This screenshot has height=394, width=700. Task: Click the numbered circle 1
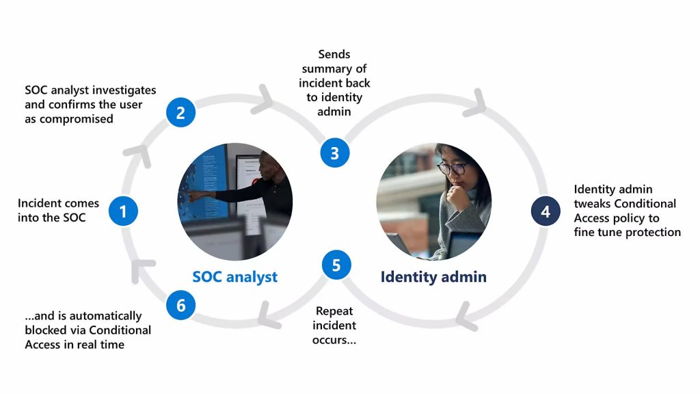click(x=123, y=211)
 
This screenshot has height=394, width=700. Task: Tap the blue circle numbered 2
click(x=180, y=112)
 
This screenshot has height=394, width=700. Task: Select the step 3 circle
click(x=335, y=153)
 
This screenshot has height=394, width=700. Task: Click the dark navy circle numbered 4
click(x=546, y=211)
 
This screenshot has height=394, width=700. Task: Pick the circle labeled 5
click(x=336, y=265)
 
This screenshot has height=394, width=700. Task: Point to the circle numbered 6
click(x=181, y=305)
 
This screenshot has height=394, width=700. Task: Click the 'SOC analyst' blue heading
click(x=234, y=277)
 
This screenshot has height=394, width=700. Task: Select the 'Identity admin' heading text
click(x=433, y=277)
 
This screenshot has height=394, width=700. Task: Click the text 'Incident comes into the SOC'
click(x=59, y=211)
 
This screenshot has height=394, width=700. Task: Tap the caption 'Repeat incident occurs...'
click(x=334, y=326)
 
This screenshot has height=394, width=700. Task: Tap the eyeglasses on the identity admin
click(x=451, y=168)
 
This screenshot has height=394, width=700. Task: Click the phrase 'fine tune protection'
click(x=627, y=233)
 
